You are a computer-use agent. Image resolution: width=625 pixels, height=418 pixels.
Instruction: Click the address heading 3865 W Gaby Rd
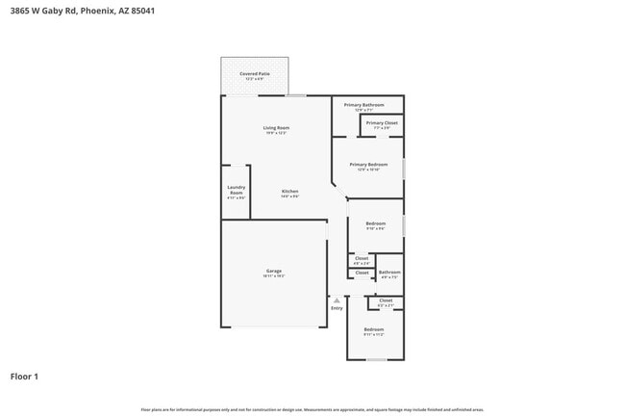(x=82, y=11)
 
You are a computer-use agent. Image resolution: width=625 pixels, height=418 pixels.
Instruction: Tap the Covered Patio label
(x=254, y=73)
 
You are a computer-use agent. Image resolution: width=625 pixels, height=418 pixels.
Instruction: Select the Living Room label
(x=277, y=127)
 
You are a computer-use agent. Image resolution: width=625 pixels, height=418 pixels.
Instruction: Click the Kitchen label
(x=289, y=191)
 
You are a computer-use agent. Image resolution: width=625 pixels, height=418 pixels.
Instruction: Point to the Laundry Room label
(x=237, y=190)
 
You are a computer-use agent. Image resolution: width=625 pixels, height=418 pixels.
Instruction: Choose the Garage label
(x=274, y=271)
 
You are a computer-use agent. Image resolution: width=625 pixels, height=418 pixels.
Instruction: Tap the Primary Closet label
(x=382, y=123)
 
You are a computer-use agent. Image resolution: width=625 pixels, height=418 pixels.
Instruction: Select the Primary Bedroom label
(x=368, y=164)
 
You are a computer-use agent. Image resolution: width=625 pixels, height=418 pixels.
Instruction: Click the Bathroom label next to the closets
(x=388, y=272)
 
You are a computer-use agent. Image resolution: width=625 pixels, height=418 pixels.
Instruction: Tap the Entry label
(x=337, y=307)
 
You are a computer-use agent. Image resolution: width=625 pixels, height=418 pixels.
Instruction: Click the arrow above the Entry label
(x=337, y=299)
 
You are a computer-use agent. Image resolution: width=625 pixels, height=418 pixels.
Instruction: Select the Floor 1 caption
(x=24, y=377)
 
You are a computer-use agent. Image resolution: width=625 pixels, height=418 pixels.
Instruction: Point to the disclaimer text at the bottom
(x=312, y=408)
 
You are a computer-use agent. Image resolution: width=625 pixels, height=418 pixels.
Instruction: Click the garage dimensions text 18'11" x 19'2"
(x=274, y=276)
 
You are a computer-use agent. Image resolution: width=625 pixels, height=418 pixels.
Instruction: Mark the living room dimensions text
(x=277, y=133)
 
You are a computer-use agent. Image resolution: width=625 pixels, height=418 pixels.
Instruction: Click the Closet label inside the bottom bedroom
(x=385, y=300)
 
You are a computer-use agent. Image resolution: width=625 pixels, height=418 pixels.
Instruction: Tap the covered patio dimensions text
(x=254, y=79)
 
